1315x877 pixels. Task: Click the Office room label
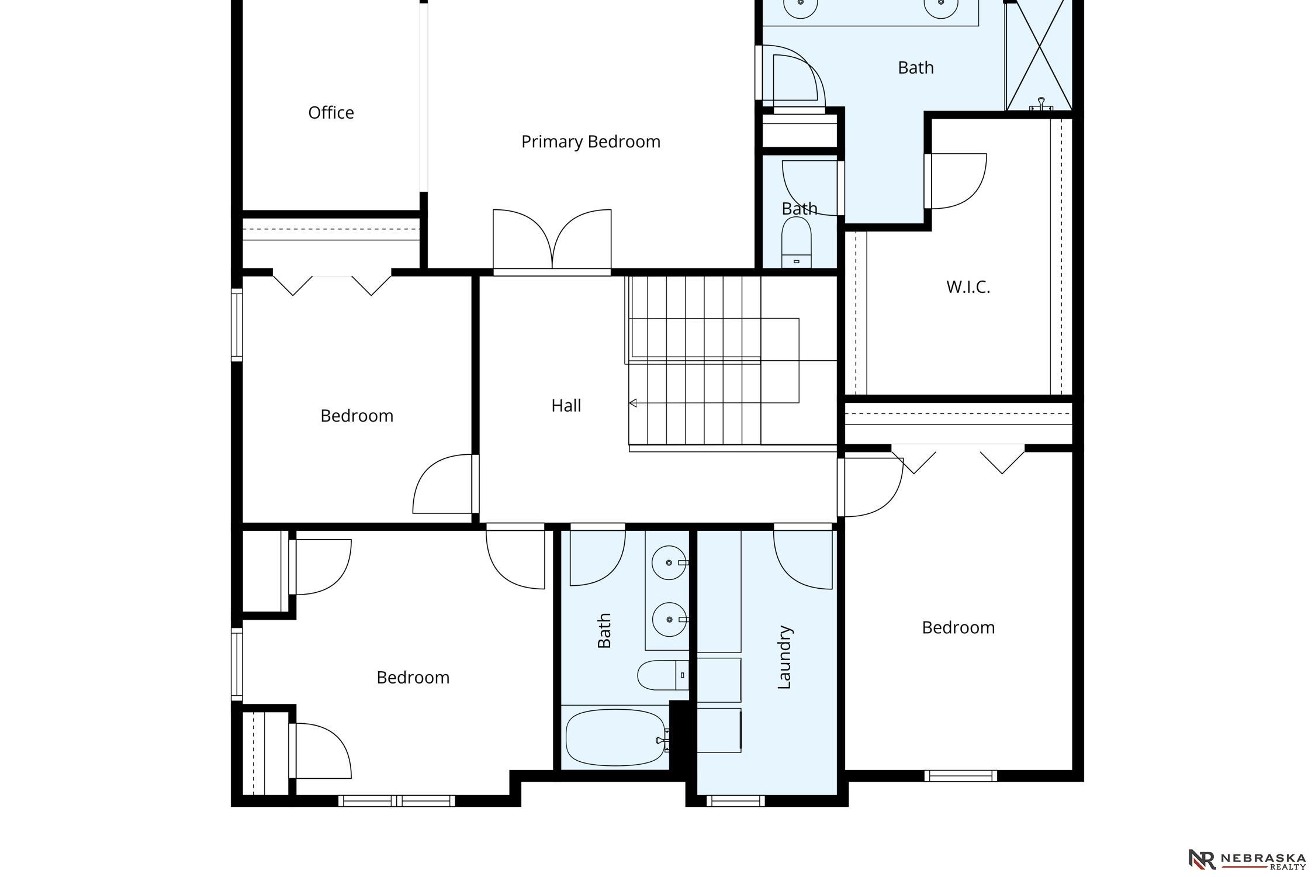331,112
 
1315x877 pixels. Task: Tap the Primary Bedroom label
591,141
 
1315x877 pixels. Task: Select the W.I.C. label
968,287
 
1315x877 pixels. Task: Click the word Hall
566,405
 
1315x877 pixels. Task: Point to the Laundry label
784,657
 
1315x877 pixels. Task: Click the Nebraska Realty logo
1247,859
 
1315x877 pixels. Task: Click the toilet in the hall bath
663,675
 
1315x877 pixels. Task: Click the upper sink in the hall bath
669,562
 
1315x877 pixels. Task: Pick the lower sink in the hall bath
669,619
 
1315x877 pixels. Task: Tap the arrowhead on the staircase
632,403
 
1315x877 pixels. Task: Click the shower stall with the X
1039,55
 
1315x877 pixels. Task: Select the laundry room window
736,801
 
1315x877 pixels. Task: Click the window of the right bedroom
961,776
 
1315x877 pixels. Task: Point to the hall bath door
597,554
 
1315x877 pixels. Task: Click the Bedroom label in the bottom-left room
413,677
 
